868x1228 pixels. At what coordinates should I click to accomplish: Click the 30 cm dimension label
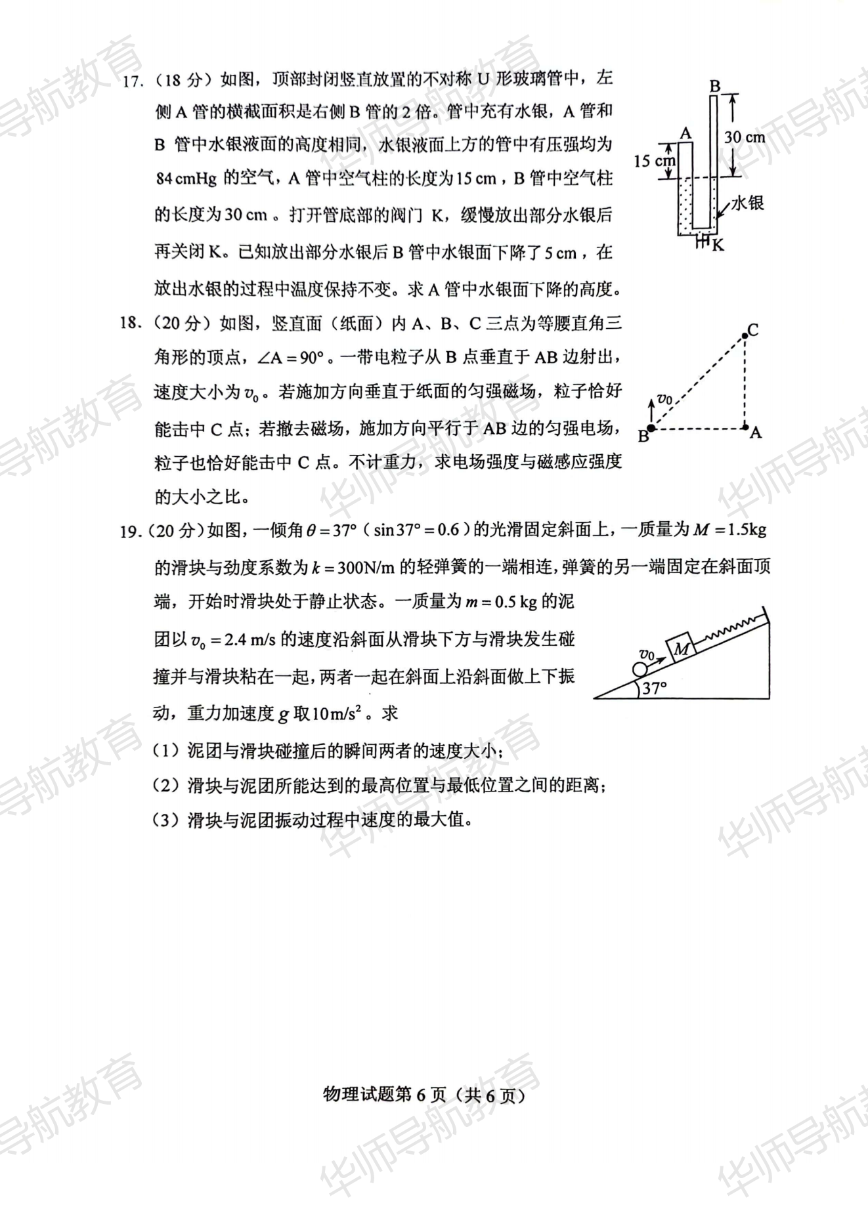(744, 137)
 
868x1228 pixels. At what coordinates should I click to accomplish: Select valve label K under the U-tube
(718, 245)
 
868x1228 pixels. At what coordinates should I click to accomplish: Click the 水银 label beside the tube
(747, 203)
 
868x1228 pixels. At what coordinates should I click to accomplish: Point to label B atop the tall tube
(715, 86)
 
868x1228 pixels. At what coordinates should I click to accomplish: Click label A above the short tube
(685, 134)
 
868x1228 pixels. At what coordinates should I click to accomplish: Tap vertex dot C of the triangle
(745, 336)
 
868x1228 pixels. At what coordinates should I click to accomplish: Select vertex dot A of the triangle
(745, 428)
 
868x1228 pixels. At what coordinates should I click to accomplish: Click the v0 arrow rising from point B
(651, 410)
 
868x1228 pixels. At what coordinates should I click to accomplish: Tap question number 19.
(131, 531)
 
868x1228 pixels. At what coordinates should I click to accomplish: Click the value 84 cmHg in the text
(186, 179)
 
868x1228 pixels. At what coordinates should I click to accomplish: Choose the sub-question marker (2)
(165, 785)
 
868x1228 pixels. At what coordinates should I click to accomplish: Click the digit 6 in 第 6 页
(421, 1095)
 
